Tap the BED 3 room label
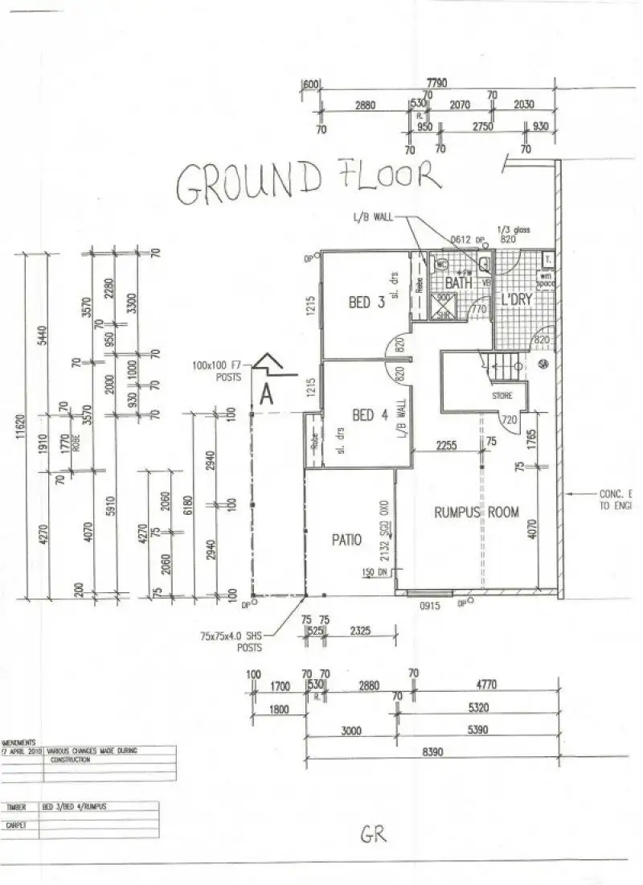(366, 303)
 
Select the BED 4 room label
(370, 415)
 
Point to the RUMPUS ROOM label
(477, 512)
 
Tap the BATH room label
(459, 283)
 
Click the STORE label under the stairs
(502, 396)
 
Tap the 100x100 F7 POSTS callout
(216, 371)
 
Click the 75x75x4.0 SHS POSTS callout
(232, 641)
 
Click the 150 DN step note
(374, 572)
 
